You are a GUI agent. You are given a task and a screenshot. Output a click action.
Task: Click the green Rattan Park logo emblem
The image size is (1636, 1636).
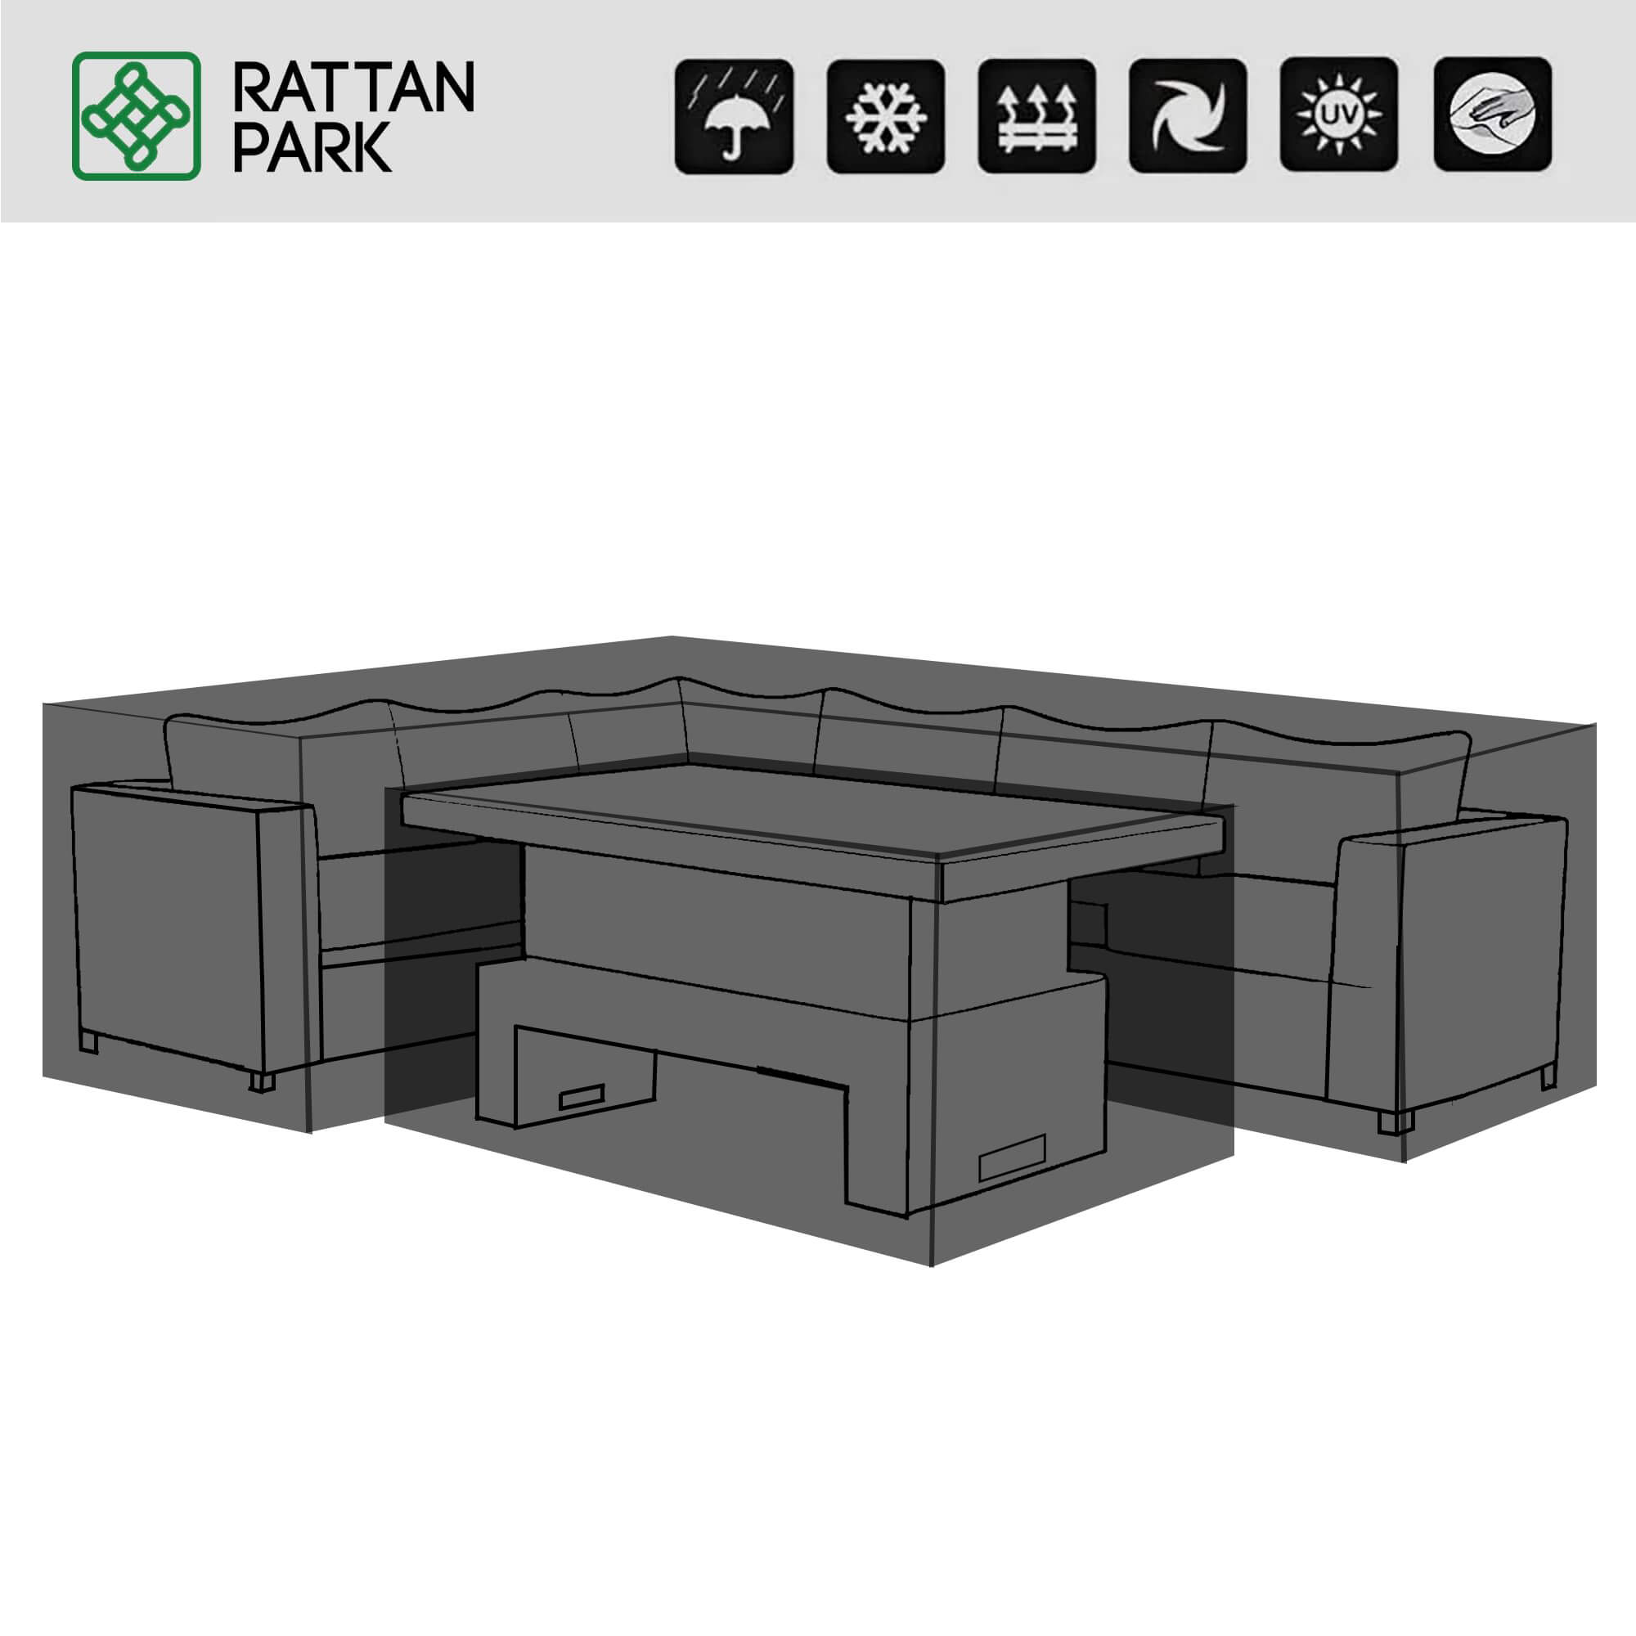137,116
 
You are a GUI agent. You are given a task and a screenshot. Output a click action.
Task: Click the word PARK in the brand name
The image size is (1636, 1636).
312,146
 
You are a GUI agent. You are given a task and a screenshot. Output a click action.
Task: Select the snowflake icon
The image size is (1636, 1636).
886,116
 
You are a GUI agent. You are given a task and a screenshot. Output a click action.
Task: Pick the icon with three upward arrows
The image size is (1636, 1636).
1036,116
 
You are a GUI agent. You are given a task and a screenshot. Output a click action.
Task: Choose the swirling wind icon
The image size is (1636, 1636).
1188,116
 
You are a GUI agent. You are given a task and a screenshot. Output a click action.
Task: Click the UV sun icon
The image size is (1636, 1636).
1339,116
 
